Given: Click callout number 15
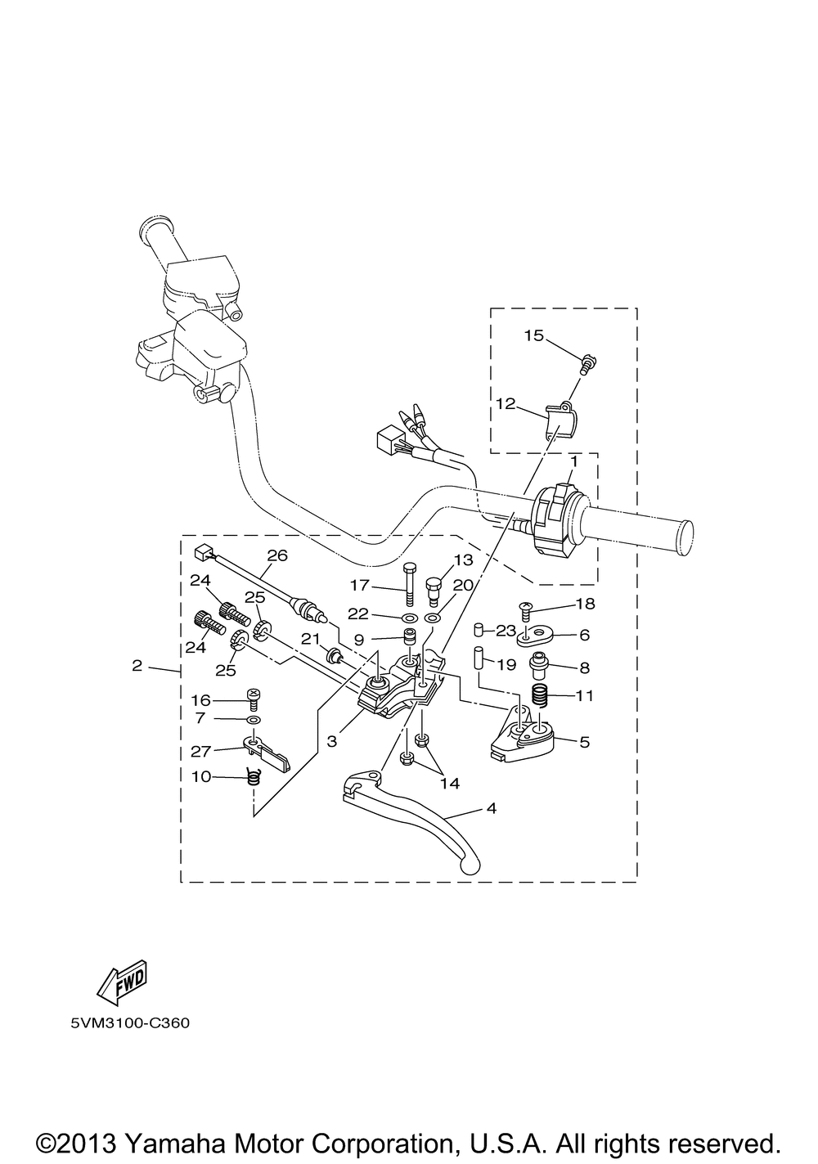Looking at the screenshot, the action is click(x=533, y=335).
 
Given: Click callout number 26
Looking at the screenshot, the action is click(x=277, y=555).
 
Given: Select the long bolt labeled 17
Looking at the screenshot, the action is click(x=409, y=583).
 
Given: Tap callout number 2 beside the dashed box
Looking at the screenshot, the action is click(x=137, y=665).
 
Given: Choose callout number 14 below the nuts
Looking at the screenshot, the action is click(x=450, y=783).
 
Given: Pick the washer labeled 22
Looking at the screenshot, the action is click(x=408, y=618).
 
